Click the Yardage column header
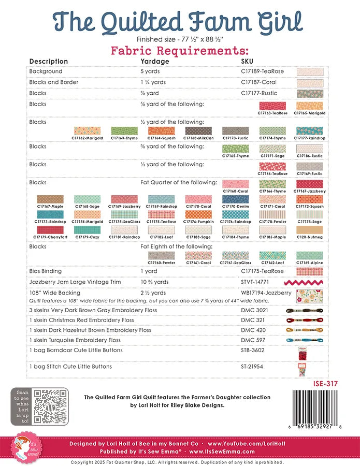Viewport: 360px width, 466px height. pyautogui.click(x=155, y=61)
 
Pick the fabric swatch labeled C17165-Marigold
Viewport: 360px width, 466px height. pyautogui.click(x=310, y=106)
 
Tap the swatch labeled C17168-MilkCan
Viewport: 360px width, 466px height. pyautogui.click(x=198, y=131)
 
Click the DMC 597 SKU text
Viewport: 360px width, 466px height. pyautogui.click(x=253, y=340)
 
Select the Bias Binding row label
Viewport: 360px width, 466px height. pyautogui.click(x=46, y=271)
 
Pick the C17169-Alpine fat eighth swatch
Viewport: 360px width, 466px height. pyautogui.click(x=310, y=255)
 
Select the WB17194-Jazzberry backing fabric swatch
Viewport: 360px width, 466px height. pyautogui.click(x=310, y=296)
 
